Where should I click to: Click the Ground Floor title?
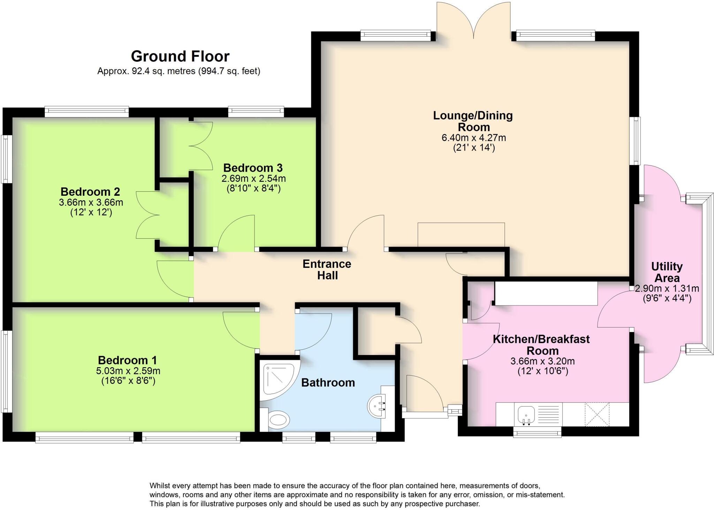pos(180,56)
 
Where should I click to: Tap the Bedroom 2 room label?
pos(90,192)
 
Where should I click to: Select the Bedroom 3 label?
pos(253,168)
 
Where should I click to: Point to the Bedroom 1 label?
pos(127,360)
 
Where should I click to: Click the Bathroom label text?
pos(328,382)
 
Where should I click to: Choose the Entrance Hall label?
pos(327,270)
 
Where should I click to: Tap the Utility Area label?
pos(667,272)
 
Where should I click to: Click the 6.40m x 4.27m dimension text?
pos(474,138)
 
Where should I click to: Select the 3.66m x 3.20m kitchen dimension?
pos(543,361)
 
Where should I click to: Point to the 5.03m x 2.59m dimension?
pos(128,371)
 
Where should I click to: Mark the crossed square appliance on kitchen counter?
pos(597,414)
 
